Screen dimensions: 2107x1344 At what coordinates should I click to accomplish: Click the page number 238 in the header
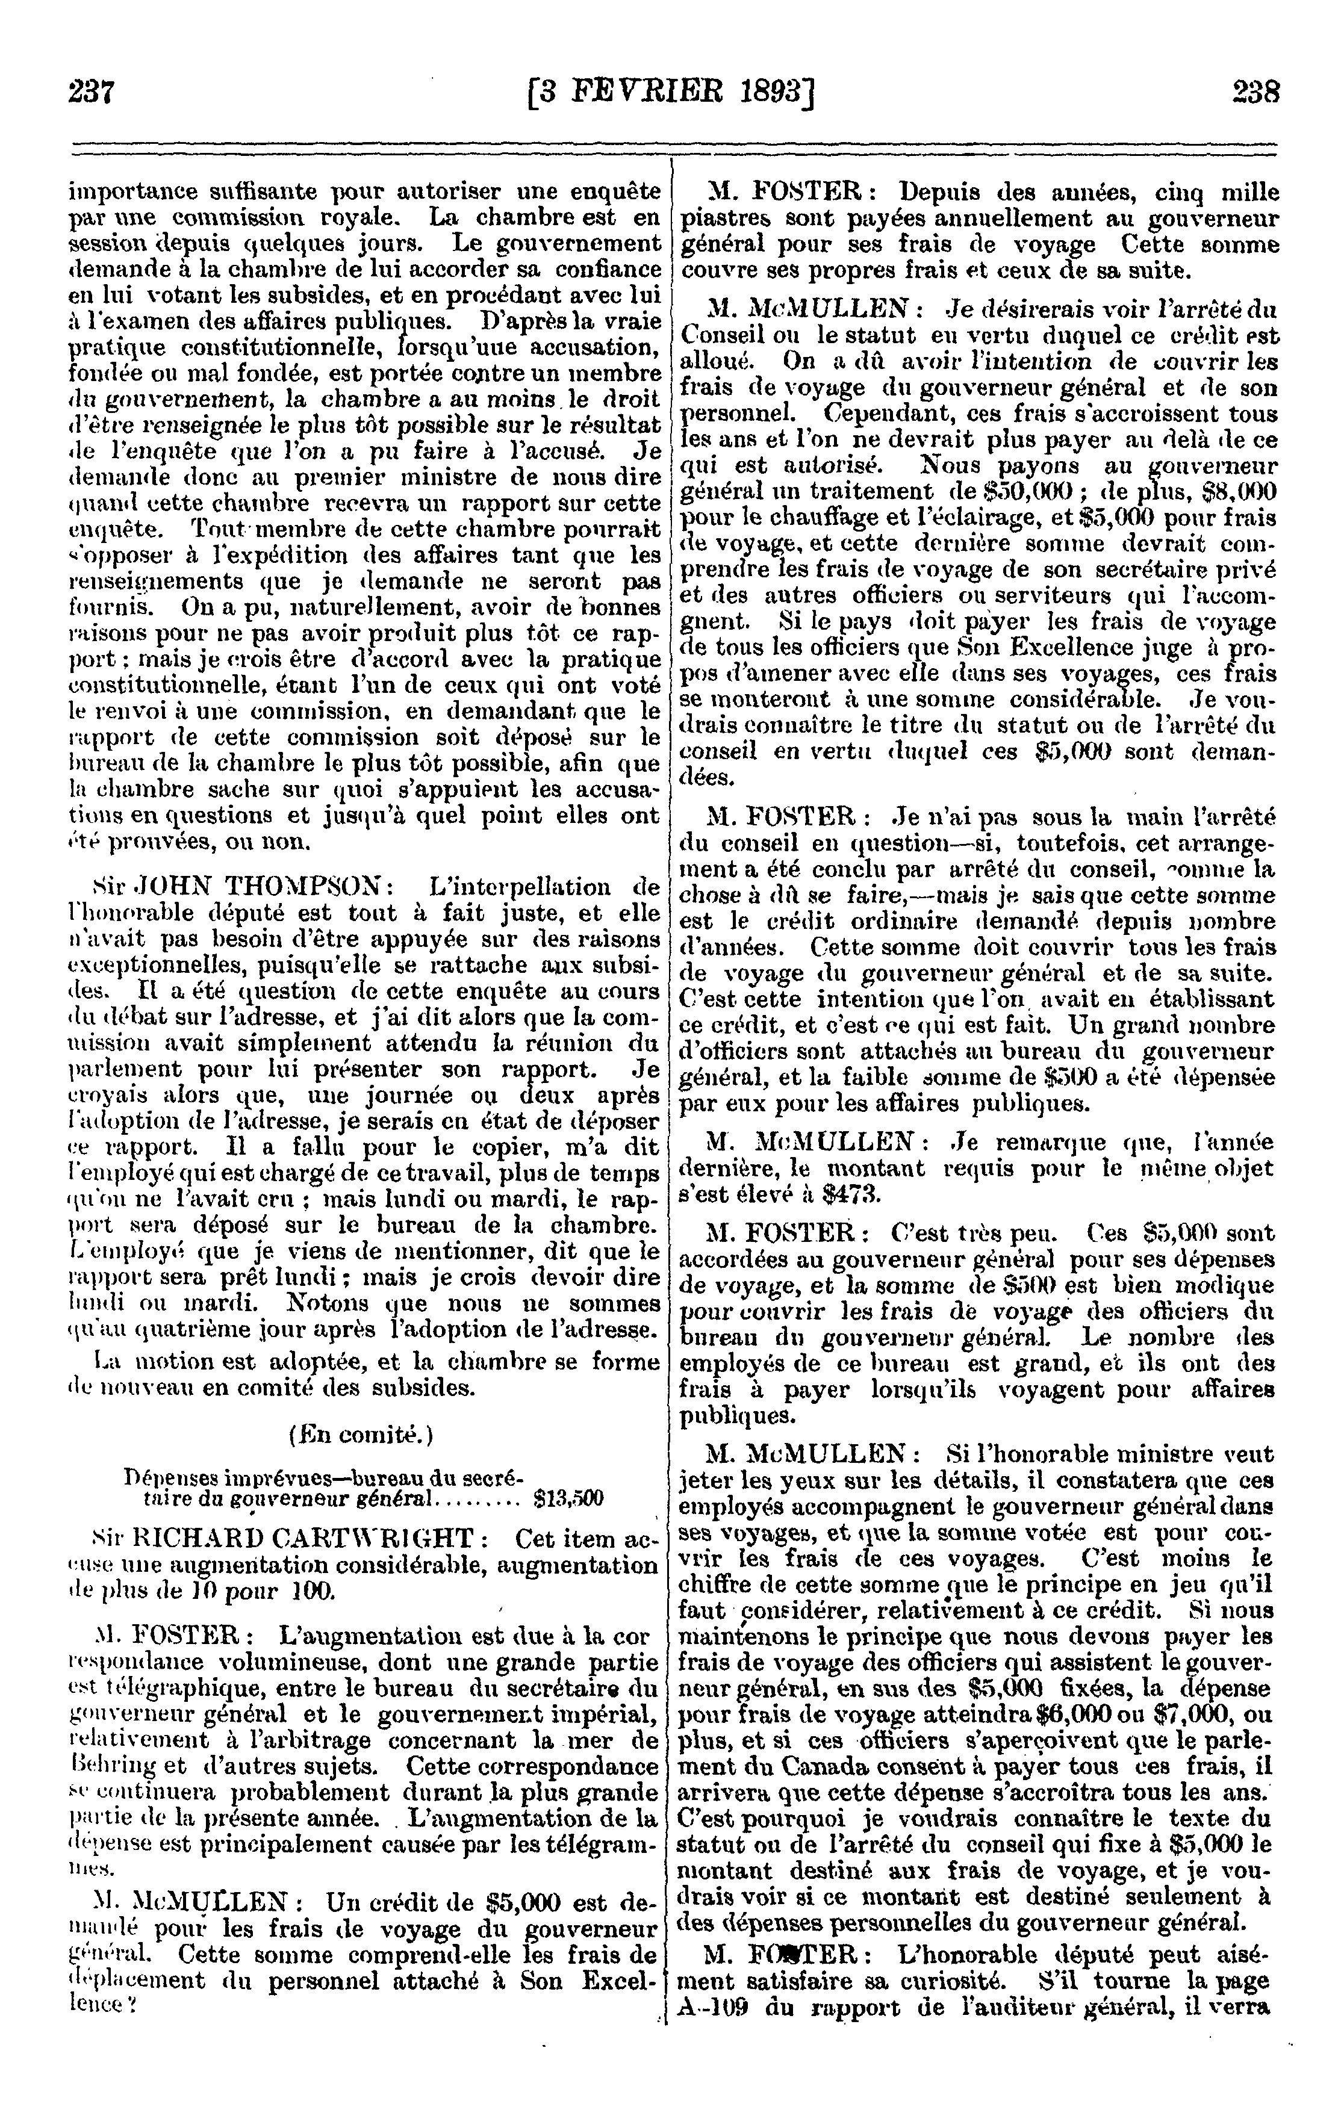pos(1255,91)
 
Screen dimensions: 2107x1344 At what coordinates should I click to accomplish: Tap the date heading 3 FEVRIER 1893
pos(671,91)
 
